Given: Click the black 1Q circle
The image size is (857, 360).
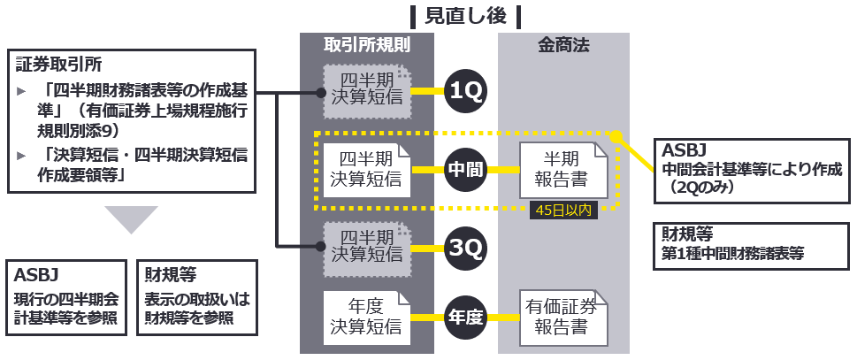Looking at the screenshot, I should click(x=464, y=91).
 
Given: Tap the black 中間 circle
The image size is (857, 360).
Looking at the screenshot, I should click(x=464, y=169).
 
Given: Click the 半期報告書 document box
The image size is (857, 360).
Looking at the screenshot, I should click(x=563, y=169).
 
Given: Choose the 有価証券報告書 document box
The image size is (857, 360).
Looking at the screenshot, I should click(x=563, y=318).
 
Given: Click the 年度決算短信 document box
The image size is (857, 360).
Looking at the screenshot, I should click(x=367, y=318).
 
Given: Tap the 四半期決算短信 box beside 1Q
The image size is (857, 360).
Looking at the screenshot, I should click(x=367, y=91).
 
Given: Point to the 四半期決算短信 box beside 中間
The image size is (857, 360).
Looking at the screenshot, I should click(x=367, y=169).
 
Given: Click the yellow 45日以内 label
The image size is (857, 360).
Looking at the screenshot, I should click(x=562, y=211).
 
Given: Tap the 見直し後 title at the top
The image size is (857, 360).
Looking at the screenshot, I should click(x=465, y=15).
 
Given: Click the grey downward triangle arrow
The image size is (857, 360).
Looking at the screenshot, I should click(x=130, y=218).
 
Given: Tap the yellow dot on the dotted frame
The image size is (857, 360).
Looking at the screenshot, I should click(x=617, y=136).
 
